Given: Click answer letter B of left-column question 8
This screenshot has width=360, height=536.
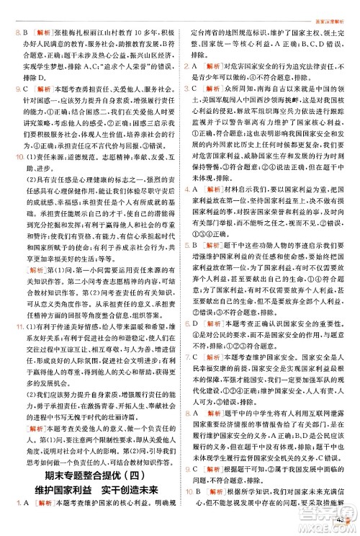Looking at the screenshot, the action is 23,32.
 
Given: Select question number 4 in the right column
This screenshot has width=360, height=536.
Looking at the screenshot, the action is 186,210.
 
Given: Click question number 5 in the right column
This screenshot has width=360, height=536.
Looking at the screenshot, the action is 186,265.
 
